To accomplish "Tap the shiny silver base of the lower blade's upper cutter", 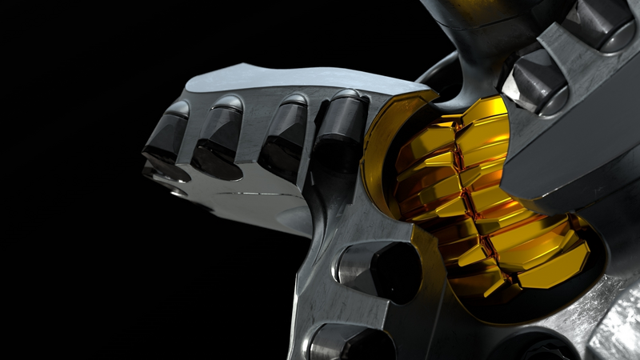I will coord(352,264).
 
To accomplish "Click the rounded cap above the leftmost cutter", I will coord(178,108).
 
